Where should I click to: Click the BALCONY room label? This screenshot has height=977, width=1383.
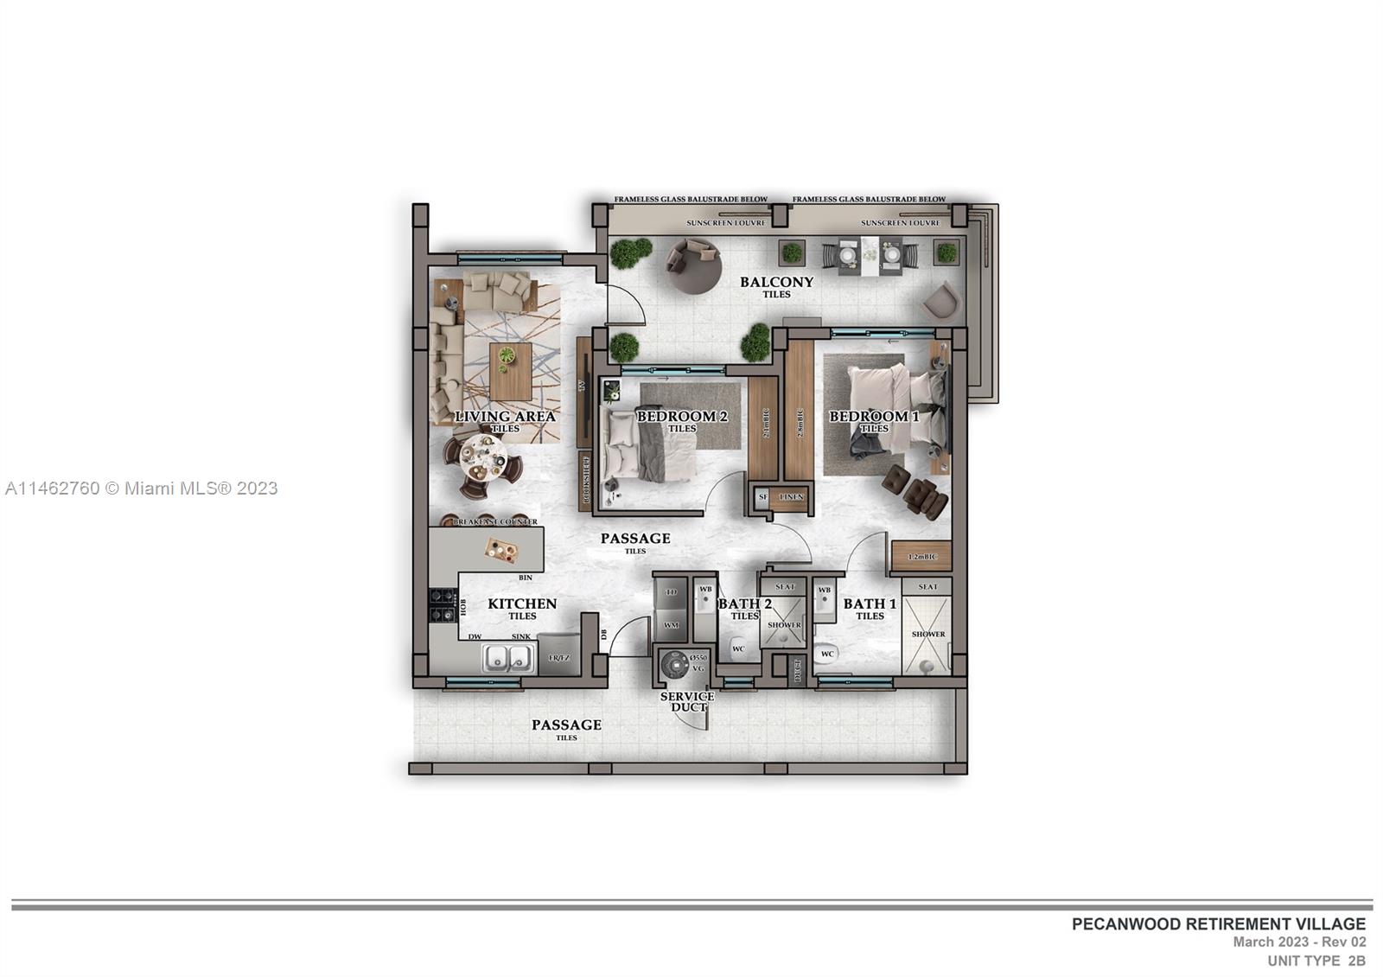[x=776, y=282]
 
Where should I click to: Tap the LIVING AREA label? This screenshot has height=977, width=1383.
[x=505, y=417]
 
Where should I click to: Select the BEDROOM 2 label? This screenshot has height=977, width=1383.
[x=682, y=417]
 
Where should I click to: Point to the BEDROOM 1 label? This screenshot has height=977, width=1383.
[x=874, y=417]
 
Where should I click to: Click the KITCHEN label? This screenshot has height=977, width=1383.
[x=522, y=604]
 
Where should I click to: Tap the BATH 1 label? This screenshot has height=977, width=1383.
[x=870, y=604]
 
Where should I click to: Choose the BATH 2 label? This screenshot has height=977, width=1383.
[x=744, y=604]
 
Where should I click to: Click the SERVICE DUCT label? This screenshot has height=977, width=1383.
[x=687, y=701]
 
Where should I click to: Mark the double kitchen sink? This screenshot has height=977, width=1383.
[x=507, y=659]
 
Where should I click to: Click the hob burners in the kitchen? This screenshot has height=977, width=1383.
[x=442, y=604]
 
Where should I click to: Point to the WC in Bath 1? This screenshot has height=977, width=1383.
[x=826, y=655]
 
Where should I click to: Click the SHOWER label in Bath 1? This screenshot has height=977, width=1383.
[x=927, y=634]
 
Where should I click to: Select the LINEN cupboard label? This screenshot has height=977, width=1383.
[x=791, y=497]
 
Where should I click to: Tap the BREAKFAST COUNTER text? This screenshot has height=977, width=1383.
[x=495, y=522]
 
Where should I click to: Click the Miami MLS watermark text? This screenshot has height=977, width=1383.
[x=142, y=488]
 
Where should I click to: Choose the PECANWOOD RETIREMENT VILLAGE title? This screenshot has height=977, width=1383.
[x=1219, y=924]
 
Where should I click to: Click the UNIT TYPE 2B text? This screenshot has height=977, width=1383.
[x=1316, y=961]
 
